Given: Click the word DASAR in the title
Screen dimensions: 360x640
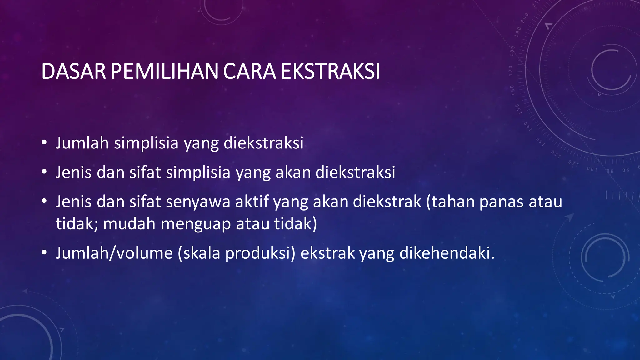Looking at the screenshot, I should [74, 72].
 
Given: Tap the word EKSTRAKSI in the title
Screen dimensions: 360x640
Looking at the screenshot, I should [330, 72].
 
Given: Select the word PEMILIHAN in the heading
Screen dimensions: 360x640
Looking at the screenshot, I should [164, 72].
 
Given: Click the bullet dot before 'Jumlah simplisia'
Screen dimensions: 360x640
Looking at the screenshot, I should [44, 143].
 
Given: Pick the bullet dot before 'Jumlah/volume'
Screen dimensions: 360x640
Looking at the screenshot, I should [44, 253].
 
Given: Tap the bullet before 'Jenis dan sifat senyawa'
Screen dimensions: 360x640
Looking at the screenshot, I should [44, 202].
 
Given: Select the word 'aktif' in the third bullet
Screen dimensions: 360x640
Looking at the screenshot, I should [252, 202].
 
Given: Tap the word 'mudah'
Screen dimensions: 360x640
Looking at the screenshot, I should [129, 224].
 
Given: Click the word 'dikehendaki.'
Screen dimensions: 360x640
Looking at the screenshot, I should [447, 253].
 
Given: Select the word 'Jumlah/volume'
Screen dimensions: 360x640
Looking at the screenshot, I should [114, 253].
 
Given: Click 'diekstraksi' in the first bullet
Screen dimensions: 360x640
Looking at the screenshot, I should [263, 143].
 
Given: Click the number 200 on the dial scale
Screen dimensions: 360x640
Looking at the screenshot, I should [525, 17].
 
